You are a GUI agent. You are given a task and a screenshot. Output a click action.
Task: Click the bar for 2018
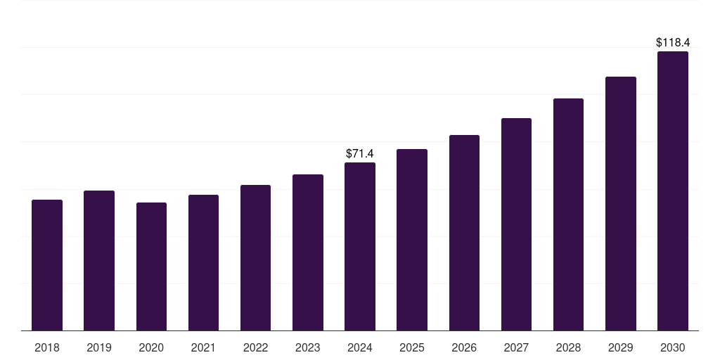[47, 265]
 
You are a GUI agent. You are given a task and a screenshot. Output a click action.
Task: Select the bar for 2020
[151, 266]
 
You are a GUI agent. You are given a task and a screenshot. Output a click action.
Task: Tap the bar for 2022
[255, 257]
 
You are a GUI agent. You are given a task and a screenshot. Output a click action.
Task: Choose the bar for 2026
[464, 233]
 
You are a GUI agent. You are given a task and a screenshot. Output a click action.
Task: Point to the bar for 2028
[568, 214]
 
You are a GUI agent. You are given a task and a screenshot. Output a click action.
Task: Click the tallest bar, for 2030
[673, 191]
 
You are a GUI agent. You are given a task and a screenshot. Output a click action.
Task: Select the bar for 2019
[99, 260]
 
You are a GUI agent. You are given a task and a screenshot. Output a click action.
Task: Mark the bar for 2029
[621, 203]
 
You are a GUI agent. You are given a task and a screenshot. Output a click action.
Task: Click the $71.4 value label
[360, 153]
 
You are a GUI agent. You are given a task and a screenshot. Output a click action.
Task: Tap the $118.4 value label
[673, 43]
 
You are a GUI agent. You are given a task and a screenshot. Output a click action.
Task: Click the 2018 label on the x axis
[47, 347]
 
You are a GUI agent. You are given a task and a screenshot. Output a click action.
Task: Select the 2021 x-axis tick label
[203, 347]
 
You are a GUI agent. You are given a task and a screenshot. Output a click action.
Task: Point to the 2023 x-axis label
[308, 347]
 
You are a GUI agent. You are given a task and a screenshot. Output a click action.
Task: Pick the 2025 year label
[412, 347]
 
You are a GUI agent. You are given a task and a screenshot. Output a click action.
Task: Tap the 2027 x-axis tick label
[516, 347]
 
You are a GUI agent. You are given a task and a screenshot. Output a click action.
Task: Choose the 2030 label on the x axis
[673, 347]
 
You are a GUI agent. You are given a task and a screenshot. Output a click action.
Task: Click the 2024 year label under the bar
[360, 347]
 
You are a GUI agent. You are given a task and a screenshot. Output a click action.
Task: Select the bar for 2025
[412, 240]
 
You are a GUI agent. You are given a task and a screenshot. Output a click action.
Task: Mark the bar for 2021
[203, 262]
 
